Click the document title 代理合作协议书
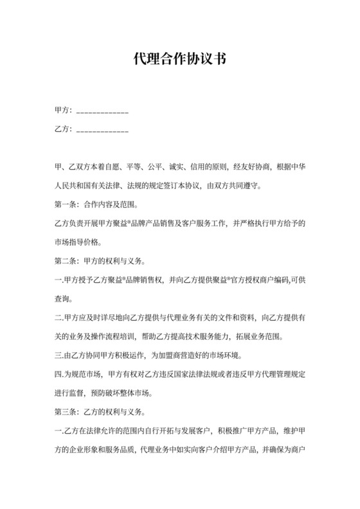[179, 60]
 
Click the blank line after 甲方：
[102, 113]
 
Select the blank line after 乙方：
[102, 131]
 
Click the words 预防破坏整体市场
[132, 392]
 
